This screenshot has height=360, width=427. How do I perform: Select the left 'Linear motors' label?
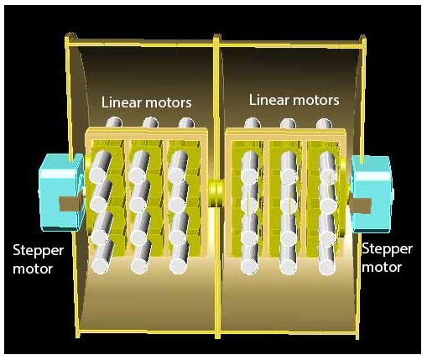pyautogui.click(x=146, y=102)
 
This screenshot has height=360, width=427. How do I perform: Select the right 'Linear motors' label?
pyautogui.click(x=294, y=100)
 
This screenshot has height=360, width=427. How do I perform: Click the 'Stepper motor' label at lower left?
pyautogui.click(x=38, y=259)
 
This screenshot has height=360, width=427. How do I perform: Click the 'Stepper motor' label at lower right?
pyautogui.click(x=387, y=258)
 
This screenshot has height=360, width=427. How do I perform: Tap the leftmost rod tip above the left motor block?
pyautogui.click(x=114, y=123)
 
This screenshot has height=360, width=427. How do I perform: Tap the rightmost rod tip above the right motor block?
pyautogui.click(x=325, y=123)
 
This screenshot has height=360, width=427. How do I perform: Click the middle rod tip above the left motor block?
pyautogui.click(x=150, y=123)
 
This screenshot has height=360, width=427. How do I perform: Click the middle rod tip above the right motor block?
pyautogui.click(x=289, y=123)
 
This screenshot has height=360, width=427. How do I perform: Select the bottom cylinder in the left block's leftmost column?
pyautogui.click(x=102, y=258)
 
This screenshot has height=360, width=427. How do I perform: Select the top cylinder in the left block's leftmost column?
pyautogui.click(x=100, y=166)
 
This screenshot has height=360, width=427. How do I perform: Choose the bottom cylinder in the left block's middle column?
pyautogui.click(x=141, y=258)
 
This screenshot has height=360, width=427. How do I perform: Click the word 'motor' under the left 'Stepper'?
pyautogui.click(x=33, y=269)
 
